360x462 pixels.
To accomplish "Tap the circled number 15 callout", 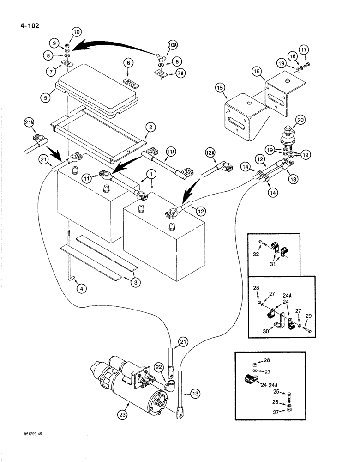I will pyautogui.click(x=219, y=87).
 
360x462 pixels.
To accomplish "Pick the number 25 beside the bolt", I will pyautogui.click(x=276, y=392).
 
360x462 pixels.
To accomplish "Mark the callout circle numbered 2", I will pyautogui.click(x=150, y=127).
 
